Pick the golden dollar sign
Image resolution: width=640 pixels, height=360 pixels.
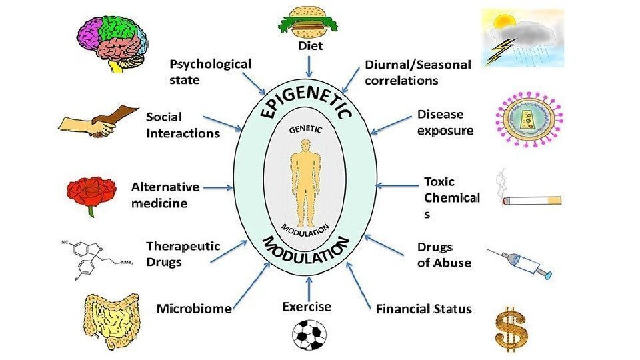pyautogui.click(x=511, y=329)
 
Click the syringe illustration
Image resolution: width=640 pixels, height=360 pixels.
pyautogui.click(x=519, y=264)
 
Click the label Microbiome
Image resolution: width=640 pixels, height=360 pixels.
pyautogui.click(x=193, y=309)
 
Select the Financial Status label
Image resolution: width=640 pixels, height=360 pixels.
pyautogui.click(x=423, y=309)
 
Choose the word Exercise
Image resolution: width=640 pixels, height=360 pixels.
pyautogui.click(x=307, y=307)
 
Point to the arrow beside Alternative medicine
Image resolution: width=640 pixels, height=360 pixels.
pyautogui.click(x=217, y=188)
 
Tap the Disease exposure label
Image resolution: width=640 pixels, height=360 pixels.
pyautogui.click(x=445, y=122)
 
